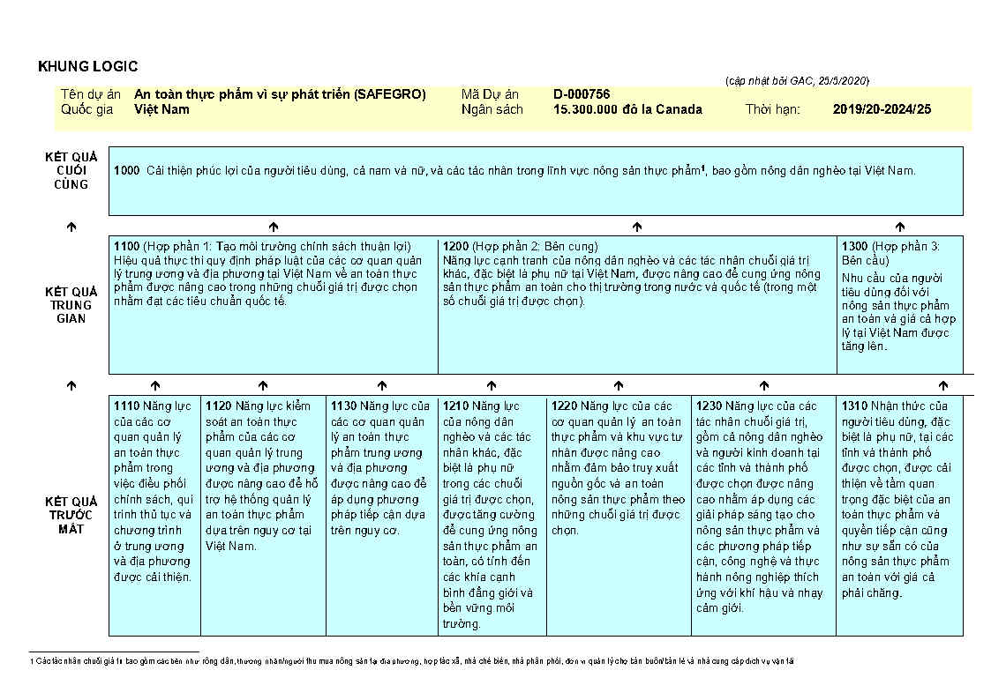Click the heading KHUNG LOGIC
(88, 67)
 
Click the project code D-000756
(582, 94)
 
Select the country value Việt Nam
(161, 109)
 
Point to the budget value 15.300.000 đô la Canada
(627, 109)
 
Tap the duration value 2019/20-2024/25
(882, 109)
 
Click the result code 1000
(126, 170)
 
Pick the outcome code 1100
(126, 247)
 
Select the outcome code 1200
(455, 247)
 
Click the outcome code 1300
(854, 247)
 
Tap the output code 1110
(126, 406)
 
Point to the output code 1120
(218, 406)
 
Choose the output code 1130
(343, 406)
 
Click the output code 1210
(455, 406)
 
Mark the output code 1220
(564, 406)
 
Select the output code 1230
(709, 406)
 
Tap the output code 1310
(854, 406)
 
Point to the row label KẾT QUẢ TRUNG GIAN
(71, 305)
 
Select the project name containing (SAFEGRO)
(280, 94)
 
